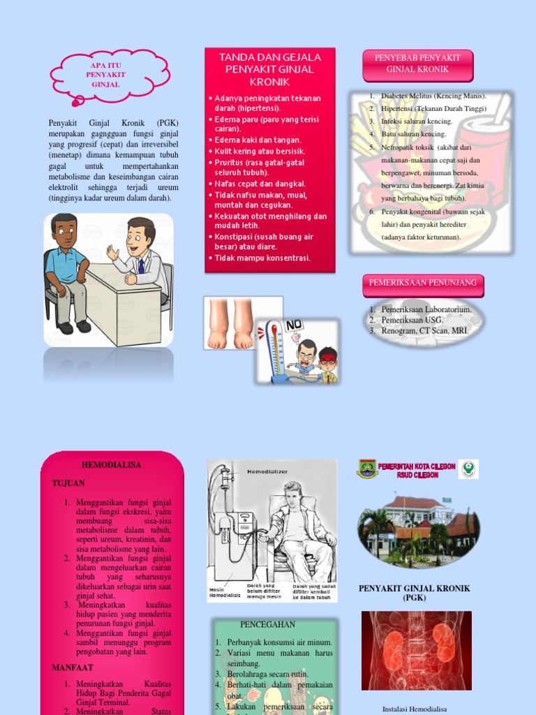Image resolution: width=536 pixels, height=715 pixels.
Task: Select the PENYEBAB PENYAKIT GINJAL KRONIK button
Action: point(418,64)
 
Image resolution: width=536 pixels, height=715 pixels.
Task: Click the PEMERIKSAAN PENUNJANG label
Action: point(423,283)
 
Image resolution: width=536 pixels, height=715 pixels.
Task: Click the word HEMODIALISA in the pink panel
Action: point(112,465)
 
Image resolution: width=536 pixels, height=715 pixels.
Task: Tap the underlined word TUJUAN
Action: point(68,483)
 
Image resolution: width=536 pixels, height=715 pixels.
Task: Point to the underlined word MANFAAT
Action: point(73,668)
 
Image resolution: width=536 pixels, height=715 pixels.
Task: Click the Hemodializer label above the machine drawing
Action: point(267,472)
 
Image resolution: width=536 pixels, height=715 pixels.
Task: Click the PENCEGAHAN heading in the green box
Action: point(267,624)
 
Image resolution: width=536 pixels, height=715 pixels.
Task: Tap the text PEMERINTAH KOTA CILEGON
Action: point(417,466)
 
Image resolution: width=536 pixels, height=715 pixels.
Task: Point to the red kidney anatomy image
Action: point(416,650)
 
